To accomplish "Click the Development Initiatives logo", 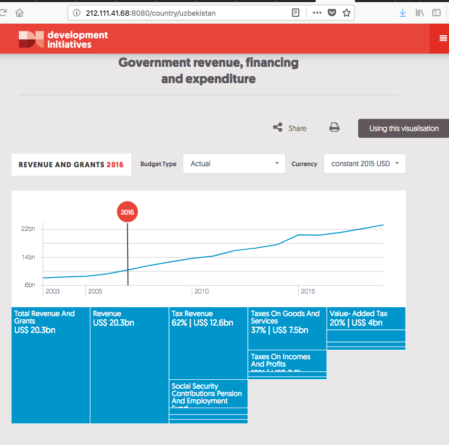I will click(x=63, y=39).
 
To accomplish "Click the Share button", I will click(x=290, y=128).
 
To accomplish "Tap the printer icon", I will click(x=335, y=127).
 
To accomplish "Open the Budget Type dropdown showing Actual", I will click(x=234, y=164).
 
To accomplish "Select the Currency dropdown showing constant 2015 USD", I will click(x=364, y=164).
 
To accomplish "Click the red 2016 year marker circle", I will click(x=127, y=213).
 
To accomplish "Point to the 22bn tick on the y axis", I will click(x=28, y=229).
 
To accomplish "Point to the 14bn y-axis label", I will click(x=28, y=257).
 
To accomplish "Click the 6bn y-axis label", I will click(x=30, y=285).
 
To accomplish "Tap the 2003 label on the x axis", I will click(x=53, y=291).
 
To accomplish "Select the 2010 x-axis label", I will click(x=202, y=291).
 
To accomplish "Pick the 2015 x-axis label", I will click(x=308, y=291).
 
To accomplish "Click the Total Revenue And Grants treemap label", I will click(x=45, y=317).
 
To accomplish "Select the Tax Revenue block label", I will click(x=192, y=314).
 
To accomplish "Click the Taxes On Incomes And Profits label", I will click(x=280, y=360).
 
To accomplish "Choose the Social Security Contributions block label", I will click(x=206, y=393).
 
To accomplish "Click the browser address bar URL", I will click(x=151, y=13).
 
